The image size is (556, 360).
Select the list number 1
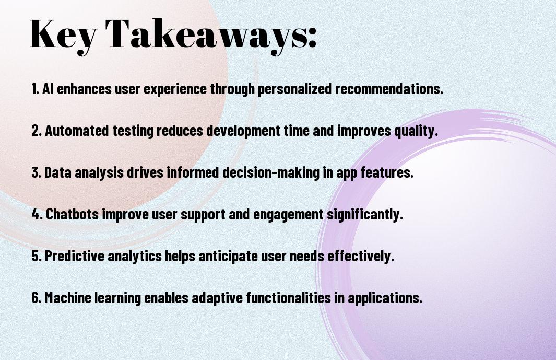(x=35, y=89)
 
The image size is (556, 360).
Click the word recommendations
(x=389, y=89)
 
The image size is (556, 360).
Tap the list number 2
(x=36, y=131)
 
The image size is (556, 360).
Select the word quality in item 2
(x=416, y=131)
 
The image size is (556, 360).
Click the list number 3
(x=36, y=172)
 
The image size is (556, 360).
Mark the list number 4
(x=37, y=214)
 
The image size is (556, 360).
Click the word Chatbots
(x=73, y=214)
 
